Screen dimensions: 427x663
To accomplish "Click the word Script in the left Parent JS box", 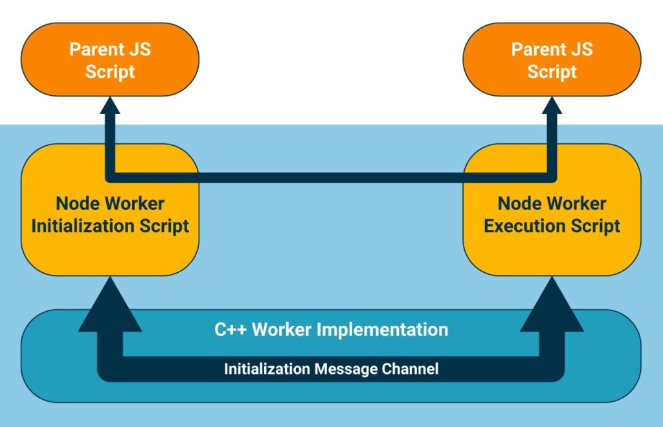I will coord(110,71).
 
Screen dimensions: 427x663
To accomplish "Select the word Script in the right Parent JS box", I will coord(552,71).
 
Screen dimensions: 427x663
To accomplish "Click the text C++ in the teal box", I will coord(230,329).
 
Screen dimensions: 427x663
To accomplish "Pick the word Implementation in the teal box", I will coord(388,329).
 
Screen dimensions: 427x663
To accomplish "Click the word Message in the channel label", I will coord(340,369).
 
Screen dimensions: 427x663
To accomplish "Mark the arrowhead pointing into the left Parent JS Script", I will coord(110,106).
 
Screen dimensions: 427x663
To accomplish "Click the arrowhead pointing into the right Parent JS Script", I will coord(552,106).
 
